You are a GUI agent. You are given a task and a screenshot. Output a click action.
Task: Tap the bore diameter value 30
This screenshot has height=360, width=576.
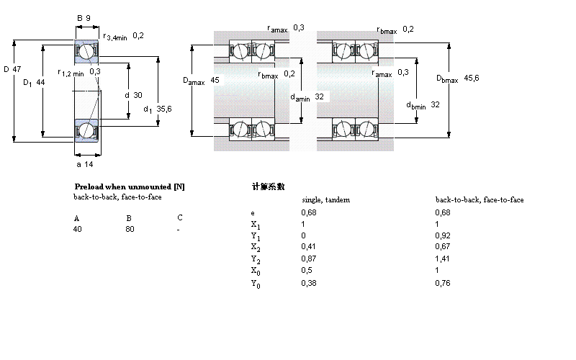[138, 95]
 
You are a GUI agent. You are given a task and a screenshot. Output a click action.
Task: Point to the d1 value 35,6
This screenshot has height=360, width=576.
[164, 109]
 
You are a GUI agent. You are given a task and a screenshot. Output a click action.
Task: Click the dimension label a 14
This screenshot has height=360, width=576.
[85, 165]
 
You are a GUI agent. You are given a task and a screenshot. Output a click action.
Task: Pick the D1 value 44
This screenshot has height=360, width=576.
[40, 83]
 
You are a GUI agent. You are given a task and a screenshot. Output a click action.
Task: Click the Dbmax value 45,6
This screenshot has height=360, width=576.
[472, 78]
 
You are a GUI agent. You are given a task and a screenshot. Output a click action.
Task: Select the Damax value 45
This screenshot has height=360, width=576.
[215, 81]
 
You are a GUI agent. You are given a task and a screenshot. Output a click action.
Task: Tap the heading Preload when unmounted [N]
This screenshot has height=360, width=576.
[129, 186]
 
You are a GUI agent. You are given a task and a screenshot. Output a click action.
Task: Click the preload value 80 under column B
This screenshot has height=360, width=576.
[130, 229]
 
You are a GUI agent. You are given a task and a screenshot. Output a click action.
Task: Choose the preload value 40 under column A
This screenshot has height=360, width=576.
[78, 229]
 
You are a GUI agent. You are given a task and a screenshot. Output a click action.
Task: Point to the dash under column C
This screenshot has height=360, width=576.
[179, 229]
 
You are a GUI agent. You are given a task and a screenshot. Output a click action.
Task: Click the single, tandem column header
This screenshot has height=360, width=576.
[325, 199]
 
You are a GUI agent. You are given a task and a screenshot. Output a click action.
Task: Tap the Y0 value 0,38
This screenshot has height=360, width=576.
[308, 284]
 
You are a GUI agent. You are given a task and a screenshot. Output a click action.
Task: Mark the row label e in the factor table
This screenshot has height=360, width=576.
[252, 212]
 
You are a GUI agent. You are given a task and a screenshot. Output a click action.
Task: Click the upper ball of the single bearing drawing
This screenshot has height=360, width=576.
[86, 52]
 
